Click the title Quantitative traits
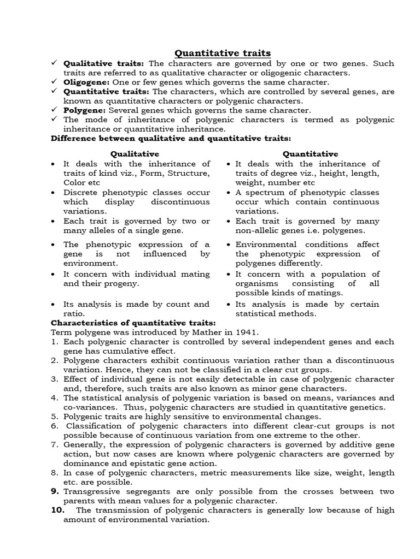pyautogui.click(x=222, y=53)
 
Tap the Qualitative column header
pyautogui.click(x=135, y=154)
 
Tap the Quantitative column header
pyautogui.click(x=310, y=154)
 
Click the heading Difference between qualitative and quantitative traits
pyautogui.click(x=171, y=139)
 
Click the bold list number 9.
pyautogui.click(x=55, y=491)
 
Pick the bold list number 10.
pyautogui.click(x=58, y=510)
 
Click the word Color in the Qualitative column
pyautogui.click(x=75, y=183)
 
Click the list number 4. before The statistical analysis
pyautogui.click(x=55, y=397)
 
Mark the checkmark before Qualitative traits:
pyautogui.click(x=55, y=63)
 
